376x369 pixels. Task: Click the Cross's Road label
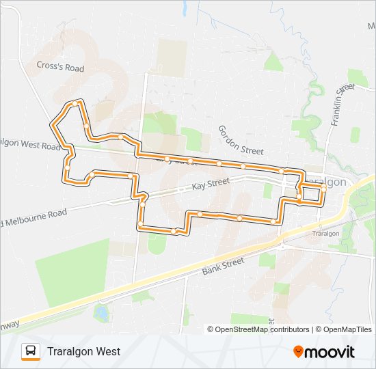tap(60, 68)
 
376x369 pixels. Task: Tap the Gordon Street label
tap(241, 140)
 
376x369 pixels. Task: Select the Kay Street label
tap(210, 184)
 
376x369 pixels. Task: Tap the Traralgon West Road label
tap(31, 146)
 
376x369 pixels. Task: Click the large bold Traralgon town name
tap(325, 182)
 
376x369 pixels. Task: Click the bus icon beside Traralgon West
tap(31, 351)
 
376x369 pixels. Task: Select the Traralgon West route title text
tap(83, 351)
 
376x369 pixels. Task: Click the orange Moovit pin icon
tap(299, 351)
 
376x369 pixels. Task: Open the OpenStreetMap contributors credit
tap(262, 329)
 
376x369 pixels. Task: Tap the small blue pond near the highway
tap(102, 313)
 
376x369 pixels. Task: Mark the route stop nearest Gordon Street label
tap(243, 166)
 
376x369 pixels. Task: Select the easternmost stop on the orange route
tap(323, 187)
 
